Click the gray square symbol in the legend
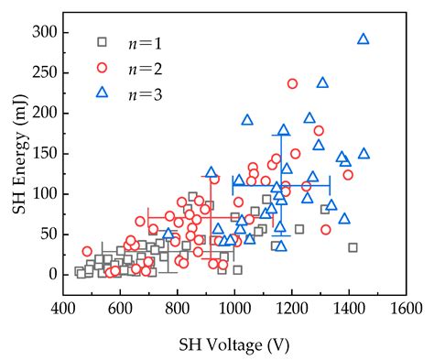pyautogui.click(x=103, y=41)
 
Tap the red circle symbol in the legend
pyautogui.click(x=103, y=67)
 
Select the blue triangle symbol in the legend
pyautogui.click(x=103, y=92)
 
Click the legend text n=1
pyautogui.click(x=139, y=41)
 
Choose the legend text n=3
pyautogui.click(x=139, y=92)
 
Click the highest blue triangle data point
pyautogui.click(x=363, y=38)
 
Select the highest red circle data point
pyautogui.click(x=293, y=83)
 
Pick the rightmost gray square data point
pyautogui.click(x=353, y=247)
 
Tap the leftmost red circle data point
pyautogui.click(x=87, y=251)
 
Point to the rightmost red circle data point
pyautogui.click(x=348, y=175)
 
